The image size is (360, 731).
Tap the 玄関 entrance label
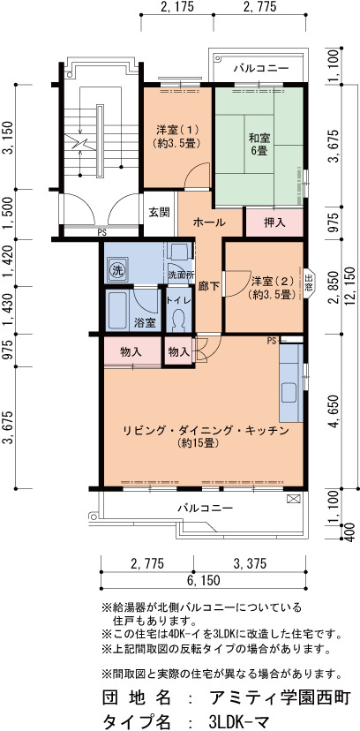pos(159,212)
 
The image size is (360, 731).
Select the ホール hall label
pos(209,222)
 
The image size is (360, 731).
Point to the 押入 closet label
pos(274,222)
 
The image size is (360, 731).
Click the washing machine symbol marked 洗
pos(116,270)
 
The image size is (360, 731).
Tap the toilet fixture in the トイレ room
pos(178,320)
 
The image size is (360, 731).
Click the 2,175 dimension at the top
pos(176,7)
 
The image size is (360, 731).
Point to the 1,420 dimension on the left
pos(8,262)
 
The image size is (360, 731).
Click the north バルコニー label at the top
pos(261,69)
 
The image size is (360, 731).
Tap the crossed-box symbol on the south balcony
pos(293,498)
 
